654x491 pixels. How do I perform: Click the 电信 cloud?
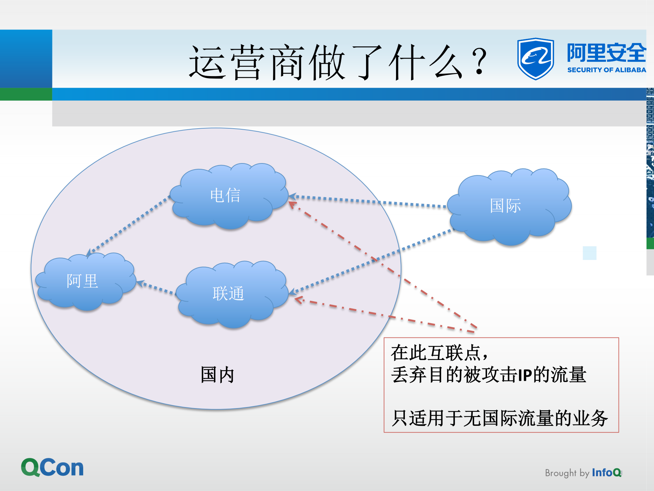click(x=228, y=196)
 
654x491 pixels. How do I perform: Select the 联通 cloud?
click(x=232, y=293)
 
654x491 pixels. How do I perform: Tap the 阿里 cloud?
click(x=85, y=281)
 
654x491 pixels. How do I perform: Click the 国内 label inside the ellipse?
click(x=217, y=375)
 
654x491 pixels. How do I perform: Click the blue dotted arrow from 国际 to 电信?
click(x=368, y=201)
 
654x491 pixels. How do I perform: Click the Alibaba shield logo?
click(x=535, y=59)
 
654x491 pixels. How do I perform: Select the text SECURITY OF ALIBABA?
click(x=606, y=70)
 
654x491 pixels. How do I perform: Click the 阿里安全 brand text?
click(x=606, y=53)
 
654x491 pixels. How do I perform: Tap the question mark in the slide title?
click(x=480, y=61)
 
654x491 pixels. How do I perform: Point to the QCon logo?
click(x=52, y=467)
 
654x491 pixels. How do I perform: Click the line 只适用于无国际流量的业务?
click(x=500, y=418)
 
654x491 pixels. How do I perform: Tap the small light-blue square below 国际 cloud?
click(x=589, y=253)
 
